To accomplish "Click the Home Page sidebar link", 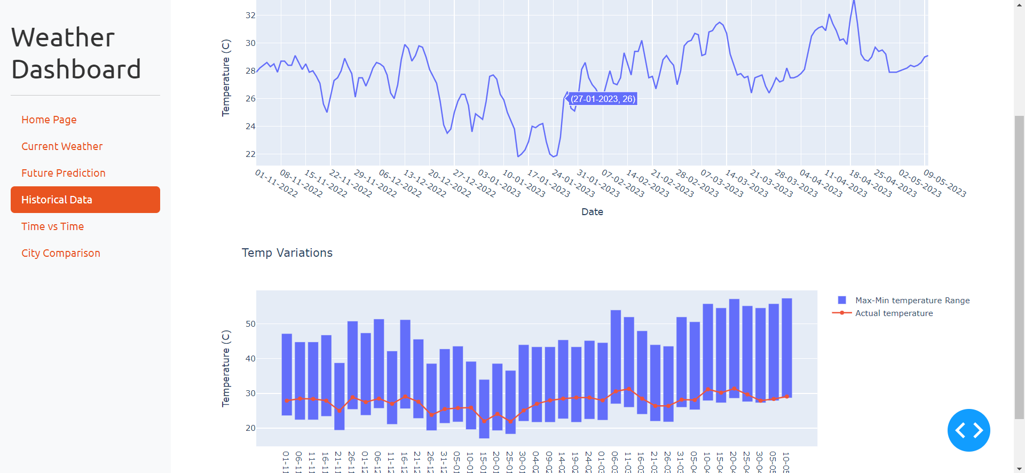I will [49, 120].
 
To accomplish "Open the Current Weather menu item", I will [62, 146].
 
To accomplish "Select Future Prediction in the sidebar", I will [64, 173].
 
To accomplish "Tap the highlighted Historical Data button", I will [85, 200].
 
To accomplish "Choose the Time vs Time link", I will [52, 226].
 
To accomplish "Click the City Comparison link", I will [61, 253].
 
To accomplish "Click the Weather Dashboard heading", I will [76, 53].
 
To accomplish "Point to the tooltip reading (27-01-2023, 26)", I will [603, 99].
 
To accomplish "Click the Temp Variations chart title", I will [287, 253].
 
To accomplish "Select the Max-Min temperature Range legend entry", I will [912, 301].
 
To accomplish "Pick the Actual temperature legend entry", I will [894, 313].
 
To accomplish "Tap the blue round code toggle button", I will [968, 430].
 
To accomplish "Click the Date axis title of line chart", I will [592, 212].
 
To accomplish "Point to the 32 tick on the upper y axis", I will [250, 15].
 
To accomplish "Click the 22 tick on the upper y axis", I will [250, 154].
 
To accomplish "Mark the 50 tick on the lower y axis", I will [250, 324].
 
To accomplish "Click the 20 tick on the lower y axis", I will [250, 428].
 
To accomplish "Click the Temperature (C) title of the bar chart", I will [226, 368].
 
